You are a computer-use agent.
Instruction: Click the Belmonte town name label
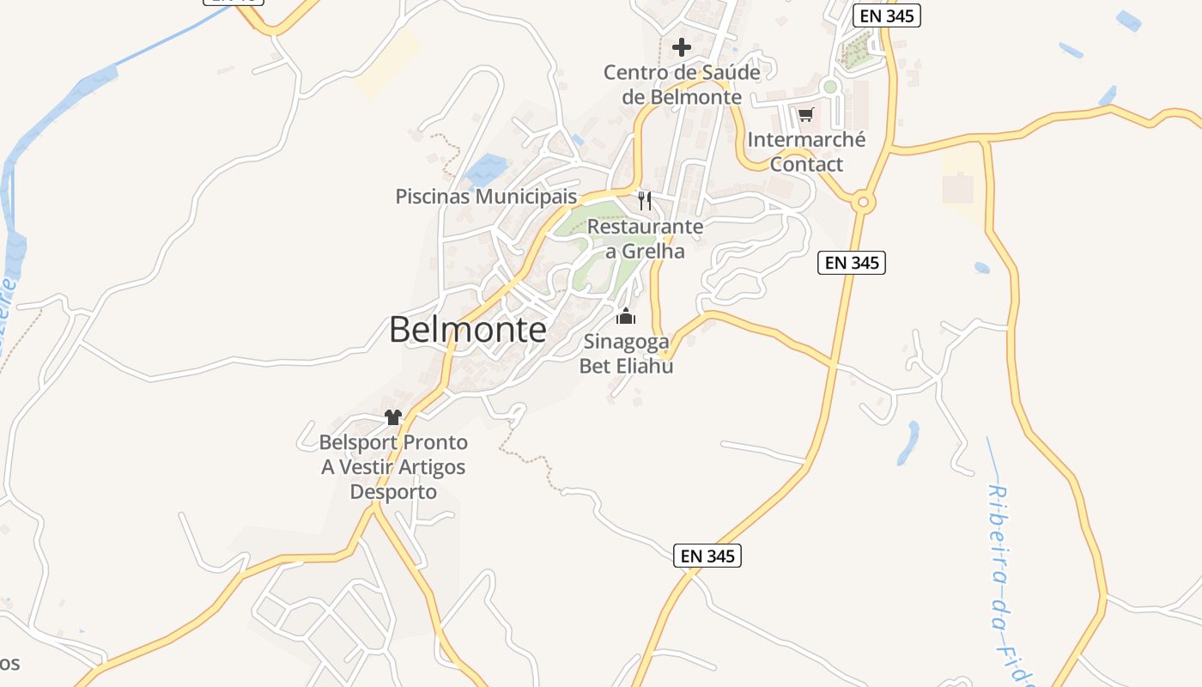pyautogui.click(x=467, y=330)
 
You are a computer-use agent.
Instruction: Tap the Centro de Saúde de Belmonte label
pyautogui.click(x=682, y=84)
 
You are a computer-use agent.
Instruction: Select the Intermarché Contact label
pyautogui.click(x=806, y=151)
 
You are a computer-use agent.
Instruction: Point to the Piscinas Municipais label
pyautogui.click(x=486, y=197)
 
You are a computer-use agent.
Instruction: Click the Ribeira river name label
pyautogui.click(x=1010, y=584)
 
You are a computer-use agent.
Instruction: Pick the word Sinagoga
pyautogui.click(x=627, y=342)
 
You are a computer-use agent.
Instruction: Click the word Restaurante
pyautogui.click(x=645, y=227)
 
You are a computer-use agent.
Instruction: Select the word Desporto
pyautogui.click(x=393, y=492)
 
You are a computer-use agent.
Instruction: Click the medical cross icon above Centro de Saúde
pyautogui.click(x=682, y=46)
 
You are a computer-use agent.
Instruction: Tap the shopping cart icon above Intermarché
pyautogui.click(x=805, y=115)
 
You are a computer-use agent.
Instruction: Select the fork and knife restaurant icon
pyautogui.click(x=645, y=201)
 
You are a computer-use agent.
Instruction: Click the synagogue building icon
pyautogui.click(x=626, y=317)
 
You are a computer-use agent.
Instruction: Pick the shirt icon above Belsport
pyautogui.click(x=393, y=418)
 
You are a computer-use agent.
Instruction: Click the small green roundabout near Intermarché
pyautogui.click(x=829, y=87)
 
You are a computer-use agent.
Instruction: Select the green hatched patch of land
pyautogui.click(x=856, y=52)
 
